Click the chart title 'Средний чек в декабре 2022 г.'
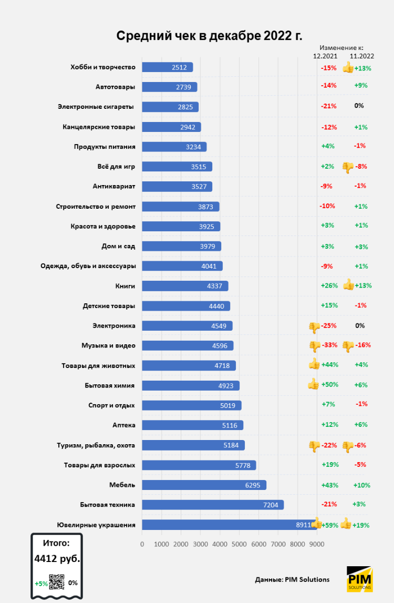point(209,35)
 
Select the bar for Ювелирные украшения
point(229,525)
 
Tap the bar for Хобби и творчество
point(167,67)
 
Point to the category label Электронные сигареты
point(96,107)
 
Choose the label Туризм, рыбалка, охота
point(96,445)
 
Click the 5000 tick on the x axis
point(239,544)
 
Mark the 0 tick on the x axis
point(142,544)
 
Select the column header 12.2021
point(325,55)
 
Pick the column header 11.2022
point(362,55)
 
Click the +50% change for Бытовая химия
point(329,384)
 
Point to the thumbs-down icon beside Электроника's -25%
point(314,327)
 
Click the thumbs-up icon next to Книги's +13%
point(348,285)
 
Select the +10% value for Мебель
point(361,485)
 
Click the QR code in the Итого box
point(56,581)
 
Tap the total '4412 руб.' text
point(57,559)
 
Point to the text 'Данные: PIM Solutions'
point(292,579)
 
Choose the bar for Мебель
point(204,485)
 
